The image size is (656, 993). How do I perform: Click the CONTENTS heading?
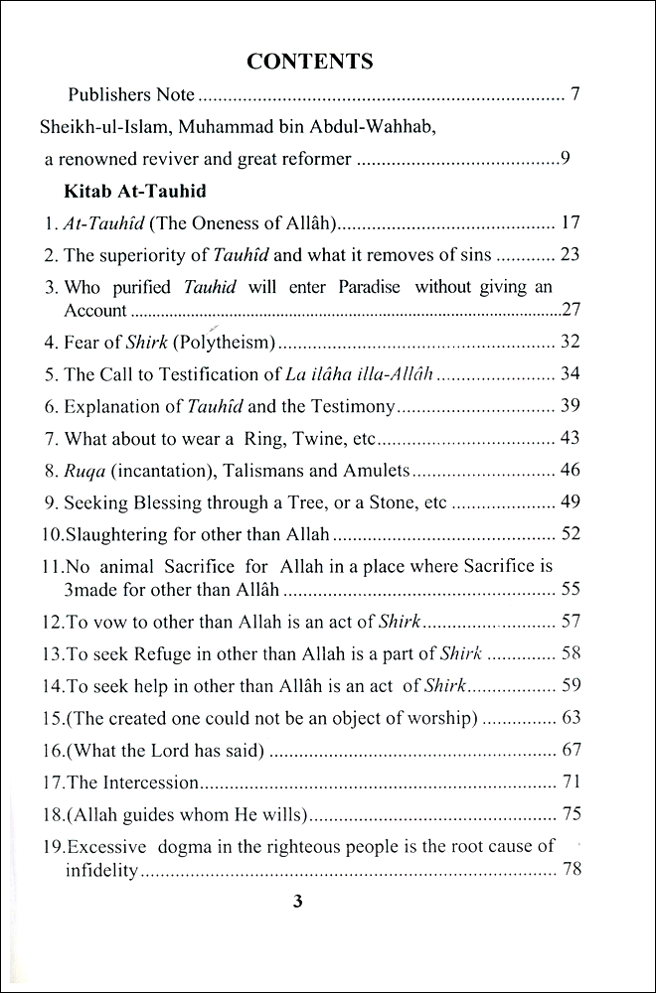(x=309, y=62)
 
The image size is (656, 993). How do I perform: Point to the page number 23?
(x=570, y=254)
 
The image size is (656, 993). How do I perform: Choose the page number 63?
(x=570, y=717)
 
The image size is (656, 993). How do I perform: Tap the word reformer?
(x=314, y=158)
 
